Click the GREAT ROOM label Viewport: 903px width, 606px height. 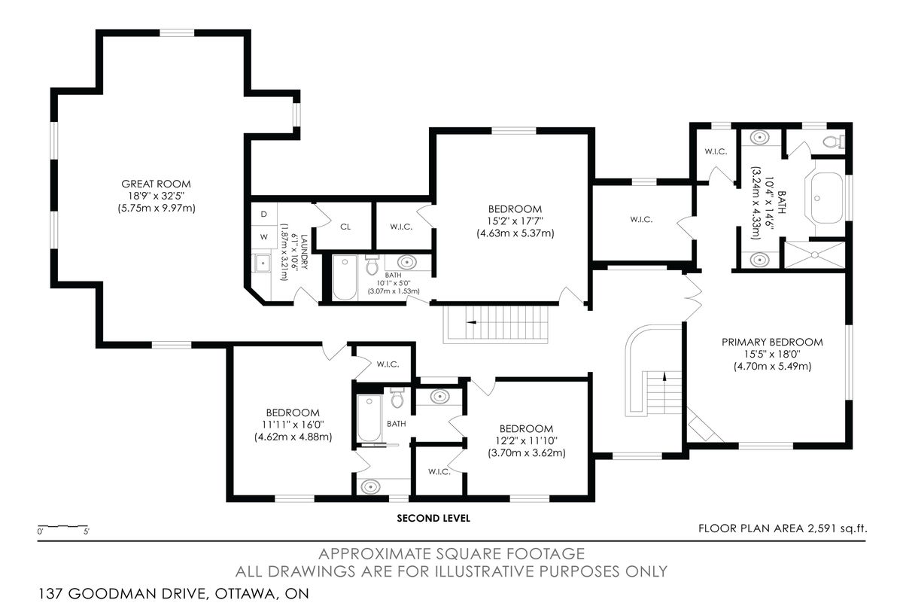(x=156, y=184)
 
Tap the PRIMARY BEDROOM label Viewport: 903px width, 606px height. (x=772, y=342)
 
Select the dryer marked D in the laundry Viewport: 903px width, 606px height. (x=263, y=215)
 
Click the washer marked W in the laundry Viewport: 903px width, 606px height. (x=263, y=237)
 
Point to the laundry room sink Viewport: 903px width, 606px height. (x=263, y=263)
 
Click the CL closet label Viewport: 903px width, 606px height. (x=345, y=227)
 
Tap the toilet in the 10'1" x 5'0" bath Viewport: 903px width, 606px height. (x=371, y=266)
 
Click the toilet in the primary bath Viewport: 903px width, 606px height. (x=833, y=142)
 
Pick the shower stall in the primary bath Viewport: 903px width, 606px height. (x=815, y=254)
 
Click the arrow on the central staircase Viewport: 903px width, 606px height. (x=471, y=321)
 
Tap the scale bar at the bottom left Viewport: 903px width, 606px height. (x=63, y=526)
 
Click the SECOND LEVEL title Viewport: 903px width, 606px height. (x=433, y=518)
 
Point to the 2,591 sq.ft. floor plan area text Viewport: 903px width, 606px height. (x=783, y=529)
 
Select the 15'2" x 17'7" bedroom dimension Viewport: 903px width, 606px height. (x=515, y=221)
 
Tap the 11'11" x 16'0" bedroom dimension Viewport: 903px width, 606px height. (x=293, y=425)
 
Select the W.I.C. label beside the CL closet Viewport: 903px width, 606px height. (x=400, y=227)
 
